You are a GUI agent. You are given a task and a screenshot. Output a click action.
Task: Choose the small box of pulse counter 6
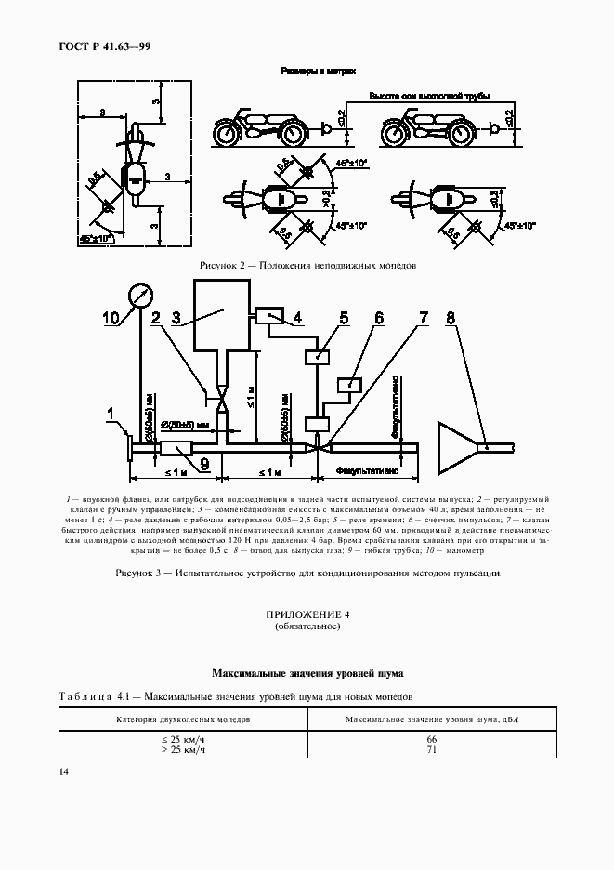pyautogui.click(x=351, y=385)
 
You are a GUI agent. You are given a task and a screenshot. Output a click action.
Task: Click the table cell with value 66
pyautogui.click(x=431, y=738)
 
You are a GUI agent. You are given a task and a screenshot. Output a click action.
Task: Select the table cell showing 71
pyautogui.click(x=431, y=748)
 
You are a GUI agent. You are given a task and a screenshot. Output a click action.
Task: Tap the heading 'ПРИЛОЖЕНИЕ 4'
pyautogui.click(x=307, y=615)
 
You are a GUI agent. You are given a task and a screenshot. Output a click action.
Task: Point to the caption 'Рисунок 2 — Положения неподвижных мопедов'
pyautogui.click(x=307, y=265)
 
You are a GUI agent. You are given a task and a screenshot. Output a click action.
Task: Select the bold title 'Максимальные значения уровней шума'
pyautogui.click(x=307, y=671)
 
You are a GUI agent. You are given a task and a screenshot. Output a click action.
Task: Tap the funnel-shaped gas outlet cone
pyautogui.click(x=458, y=449)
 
